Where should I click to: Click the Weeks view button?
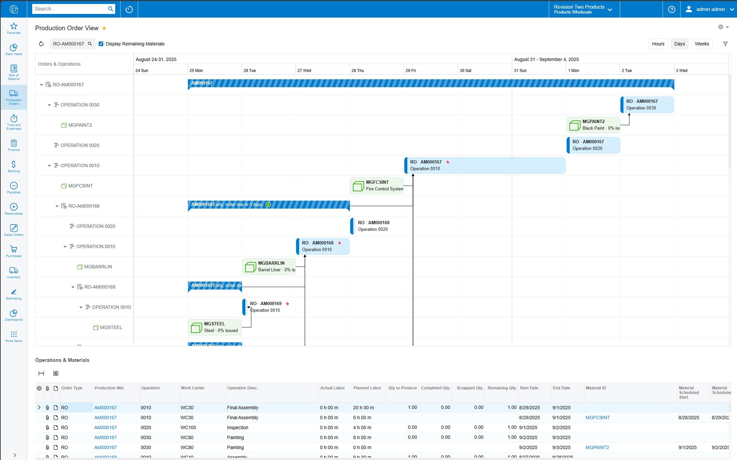click(x=701, y=44)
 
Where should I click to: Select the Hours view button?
click(x=658, y=44)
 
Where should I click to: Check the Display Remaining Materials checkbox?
click(x=101, y=44)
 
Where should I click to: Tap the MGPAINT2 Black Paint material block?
click(x=593, y=125)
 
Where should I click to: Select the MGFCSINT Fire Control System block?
click(x=377, y=186)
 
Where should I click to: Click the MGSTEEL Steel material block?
click(x=215, y=327)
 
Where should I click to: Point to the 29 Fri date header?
click(x=411, y=71)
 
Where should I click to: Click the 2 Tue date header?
click(x=627, y=71)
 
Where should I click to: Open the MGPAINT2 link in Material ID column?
click(x=597, y=447)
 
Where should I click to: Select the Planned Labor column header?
click(x=367, y=388)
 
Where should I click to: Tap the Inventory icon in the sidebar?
click(x=14, y=273)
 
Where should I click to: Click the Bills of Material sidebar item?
click(x=14, y=72)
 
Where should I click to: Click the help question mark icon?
click(x=672, y=9)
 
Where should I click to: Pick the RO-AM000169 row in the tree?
click(x=100, y=287)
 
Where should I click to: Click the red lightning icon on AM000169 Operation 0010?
click(x=287, y=304)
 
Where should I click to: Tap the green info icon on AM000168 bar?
click(x=268, y=205)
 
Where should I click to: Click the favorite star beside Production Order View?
click(x=104, y=28)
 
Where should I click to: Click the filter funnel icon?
click(x=725, y=44)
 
